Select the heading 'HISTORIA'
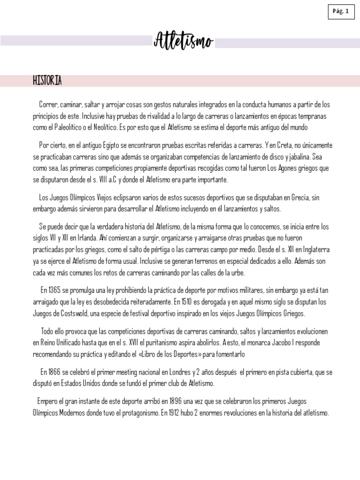pyautogui.click(x=47, y=81)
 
